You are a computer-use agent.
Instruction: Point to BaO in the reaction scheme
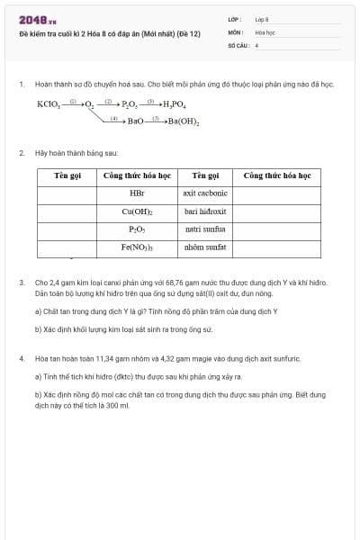click(x=135, y=121)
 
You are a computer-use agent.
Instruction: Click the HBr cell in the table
click(x=137, y=193)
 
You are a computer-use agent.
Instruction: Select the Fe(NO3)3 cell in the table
click(x=137, y=246)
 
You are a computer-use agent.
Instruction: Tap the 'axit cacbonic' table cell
click(x=205, y=193)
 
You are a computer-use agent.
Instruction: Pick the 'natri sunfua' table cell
click(x=205, y=229)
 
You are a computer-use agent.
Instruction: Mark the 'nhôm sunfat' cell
click(x=205, y=246)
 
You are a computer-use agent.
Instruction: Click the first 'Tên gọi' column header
click(x=67, y=175)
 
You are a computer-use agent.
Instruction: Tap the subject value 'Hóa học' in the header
click(x=265, y=31)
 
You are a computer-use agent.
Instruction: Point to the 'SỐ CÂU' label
click(x=237, y=43)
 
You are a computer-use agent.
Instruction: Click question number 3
click(x=21, y=283)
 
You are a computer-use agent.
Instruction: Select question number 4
click(x=21, y=358)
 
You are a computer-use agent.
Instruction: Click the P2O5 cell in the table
click(x=137, y=229)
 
